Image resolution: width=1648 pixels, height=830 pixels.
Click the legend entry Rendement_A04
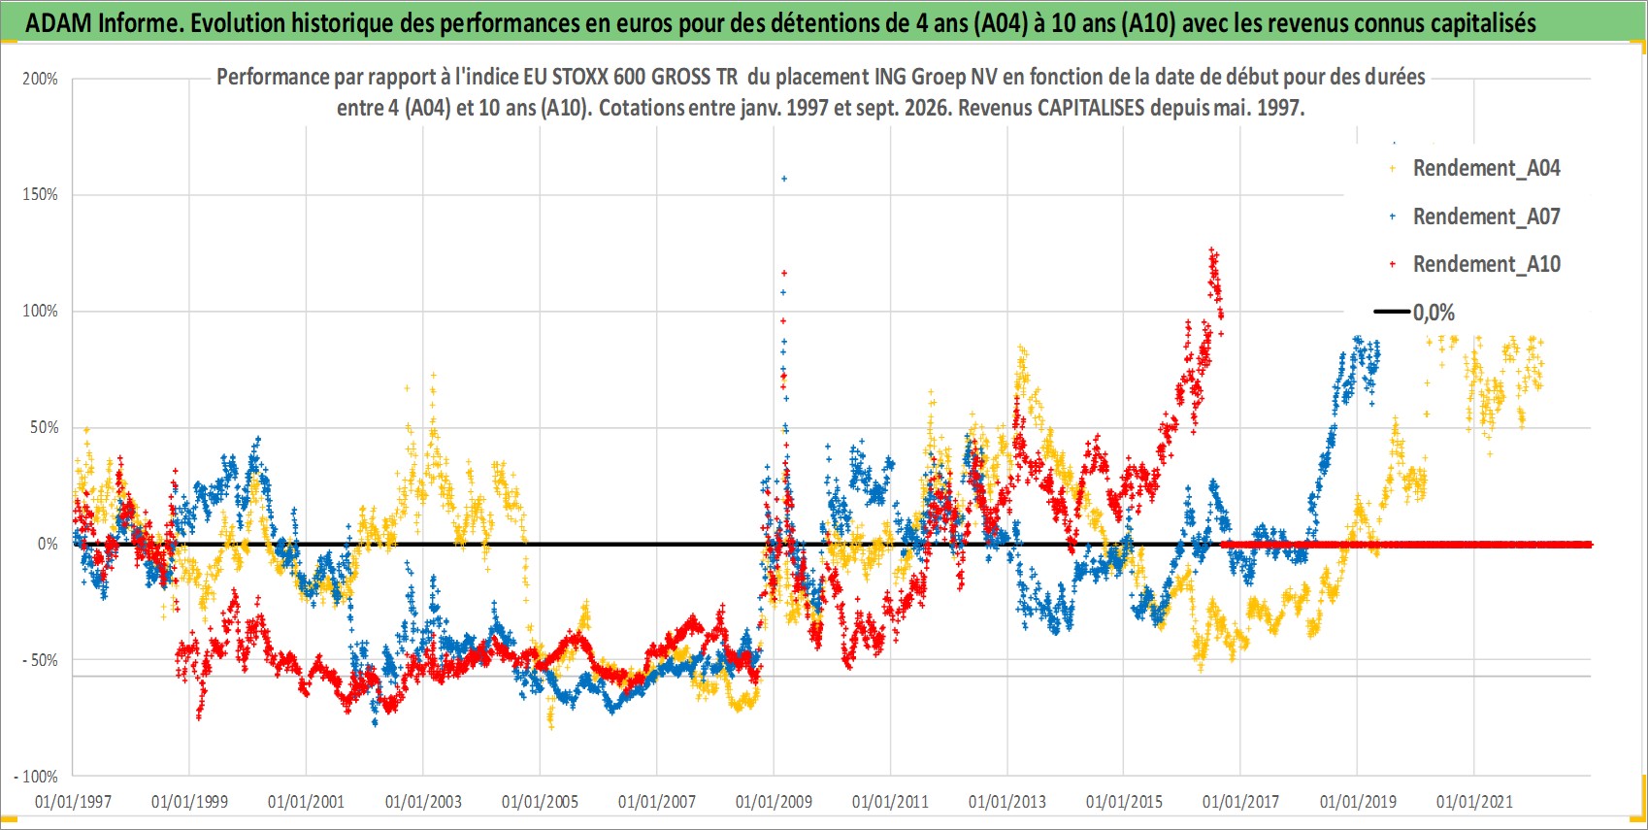tap(1474, 169)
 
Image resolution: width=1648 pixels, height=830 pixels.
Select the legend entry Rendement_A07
tap(1474, 217)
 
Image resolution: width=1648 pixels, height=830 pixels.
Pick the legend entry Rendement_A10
tap(1474, 264)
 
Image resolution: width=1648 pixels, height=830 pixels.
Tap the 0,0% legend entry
tap(1414, 313)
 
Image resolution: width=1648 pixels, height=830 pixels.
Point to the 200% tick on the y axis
tap(41, 79)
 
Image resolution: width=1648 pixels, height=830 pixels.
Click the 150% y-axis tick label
tap(41, 194)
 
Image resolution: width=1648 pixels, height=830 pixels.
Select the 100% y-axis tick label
tap(41, 311)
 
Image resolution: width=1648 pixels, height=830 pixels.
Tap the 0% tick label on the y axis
tap(48, 544)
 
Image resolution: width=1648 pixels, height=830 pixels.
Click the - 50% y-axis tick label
tap(39, 660)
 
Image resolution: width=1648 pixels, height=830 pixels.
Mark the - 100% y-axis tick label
tap(36, 777)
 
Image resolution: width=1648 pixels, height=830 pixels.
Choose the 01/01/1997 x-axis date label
tap(73, 801)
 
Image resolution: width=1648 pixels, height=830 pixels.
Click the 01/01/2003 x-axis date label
tap(423, 801)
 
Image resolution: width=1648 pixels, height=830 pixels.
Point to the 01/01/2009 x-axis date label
tap(774, 801)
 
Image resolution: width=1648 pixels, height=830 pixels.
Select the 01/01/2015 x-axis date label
tap(1124, 801)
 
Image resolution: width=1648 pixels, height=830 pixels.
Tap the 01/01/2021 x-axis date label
tap(1474, 801)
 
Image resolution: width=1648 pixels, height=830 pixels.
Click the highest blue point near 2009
tap(784, 179)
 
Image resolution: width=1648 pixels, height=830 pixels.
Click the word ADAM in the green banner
tap(58, 23)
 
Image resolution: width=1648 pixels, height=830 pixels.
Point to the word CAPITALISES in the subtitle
tap(1091, 108)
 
